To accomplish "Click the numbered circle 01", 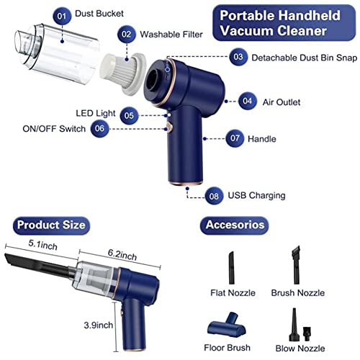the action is (x=62, y=16).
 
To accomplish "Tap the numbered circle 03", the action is (x=238, y=57).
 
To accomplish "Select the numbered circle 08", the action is (x=214, y=196).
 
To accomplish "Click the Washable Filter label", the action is (x=171, y=35).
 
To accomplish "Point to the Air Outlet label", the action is (x=282, y=102).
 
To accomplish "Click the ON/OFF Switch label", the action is (x=54, y=129).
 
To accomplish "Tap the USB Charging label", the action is (x=256, y=196).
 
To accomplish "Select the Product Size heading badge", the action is (x=51, y=225).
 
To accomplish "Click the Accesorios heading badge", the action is (x=235, y=225).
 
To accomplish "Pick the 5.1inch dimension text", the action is (x=42, y=245).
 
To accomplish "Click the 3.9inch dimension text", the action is (x=98, y=325).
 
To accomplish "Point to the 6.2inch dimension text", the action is (x=122, y=255).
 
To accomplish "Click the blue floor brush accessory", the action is (x=227, y=325).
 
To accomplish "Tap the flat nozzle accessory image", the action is (x=231, y=268).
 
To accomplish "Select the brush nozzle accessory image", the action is (x=296, y=264).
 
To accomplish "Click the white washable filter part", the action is (x=124, y=73).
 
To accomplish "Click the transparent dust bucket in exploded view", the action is (x=56, y=54).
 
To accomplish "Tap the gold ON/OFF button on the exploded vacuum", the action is (x=169, y=127).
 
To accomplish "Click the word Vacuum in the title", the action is (x=246, y=31).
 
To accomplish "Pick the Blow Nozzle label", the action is (x=300, y=348).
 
